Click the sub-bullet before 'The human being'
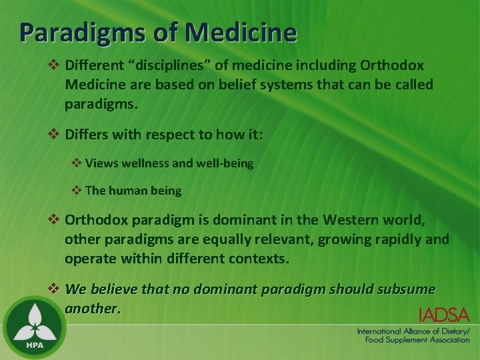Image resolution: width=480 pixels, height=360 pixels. pos(77,190)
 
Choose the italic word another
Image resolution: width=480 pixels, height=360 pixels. pos(93,309)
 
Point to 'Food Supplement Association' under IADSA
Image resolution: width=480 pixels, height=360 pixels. pos(417,340)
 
